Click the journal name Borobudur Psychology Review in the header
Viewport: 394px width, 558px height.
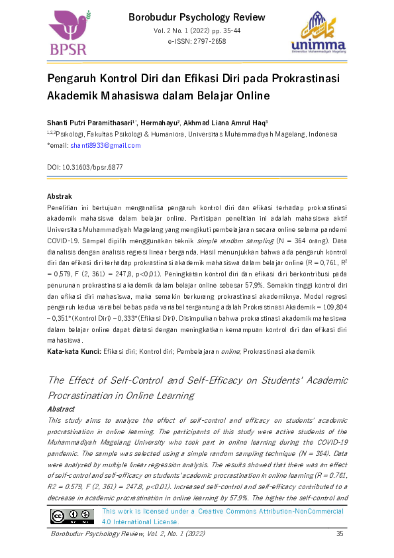coord(197,17)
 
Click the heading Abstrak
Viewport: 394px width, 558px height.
coord(60,197)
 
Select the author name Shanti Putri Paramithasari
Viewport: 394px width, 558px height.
coord(89,123)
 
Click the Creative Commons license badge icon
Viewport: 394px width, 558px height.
coord(73,515)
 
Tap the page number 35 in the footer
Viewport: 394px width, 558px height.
coord(340,534)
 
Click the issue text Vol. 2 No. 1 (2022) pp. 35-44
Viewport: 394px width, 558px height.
coord(197,31)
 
